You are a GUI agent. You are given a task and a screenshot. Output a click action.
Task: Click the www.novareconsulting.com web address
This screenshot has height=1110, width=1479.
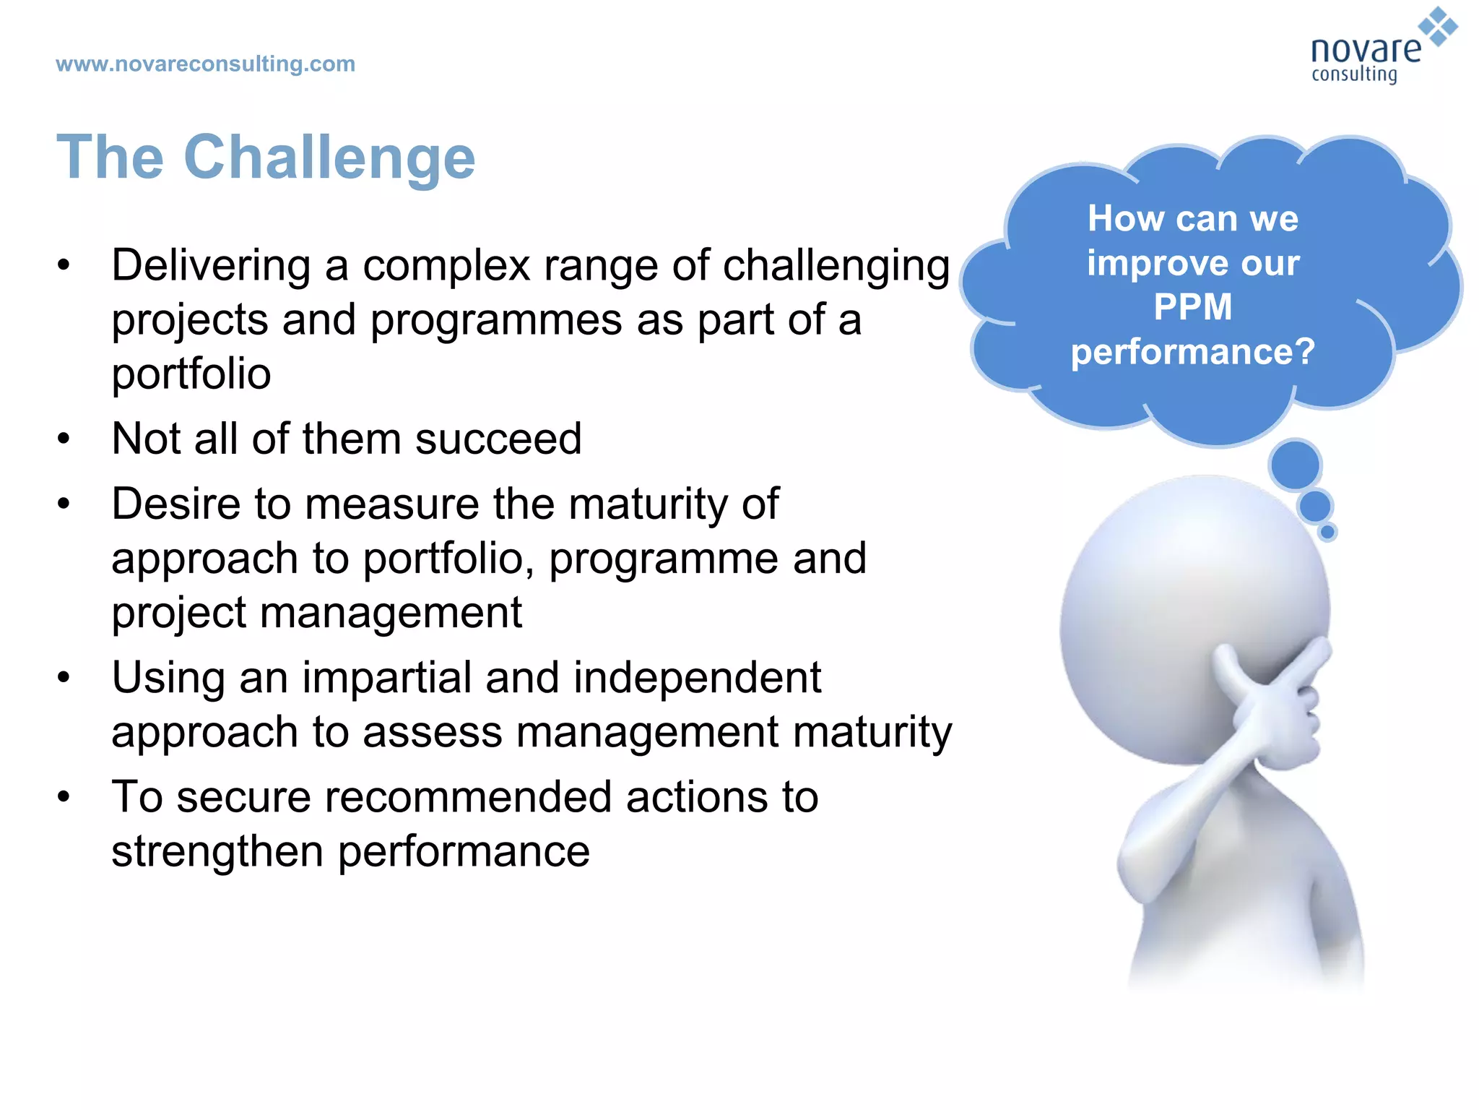(205, 64)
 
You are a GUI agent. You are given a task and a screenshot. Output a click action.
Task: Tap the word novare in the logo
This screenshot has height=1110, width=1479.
(1365, 49)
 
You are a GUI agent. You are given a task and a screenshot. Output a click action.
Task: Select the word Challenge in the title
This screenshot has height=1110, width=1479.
(329, 158)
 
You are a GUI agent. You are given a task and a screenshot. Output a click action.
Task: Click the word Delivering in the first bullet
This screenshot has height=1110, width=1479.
(211, 265)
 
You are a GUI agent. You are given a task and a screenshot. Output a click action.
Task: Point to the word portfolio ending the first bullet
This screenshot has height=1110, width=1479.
(191, 374)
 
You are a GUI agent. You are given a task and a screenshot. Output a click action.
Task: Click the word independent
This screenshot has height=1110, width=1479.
(697, 678)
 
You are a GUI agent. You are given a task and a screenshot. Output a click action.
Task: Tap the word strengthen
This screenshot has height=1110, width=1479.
(217, 851)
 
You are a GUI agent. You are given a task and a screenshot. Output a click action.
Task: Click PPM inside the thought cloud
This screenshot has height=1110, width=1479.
(1192, 306)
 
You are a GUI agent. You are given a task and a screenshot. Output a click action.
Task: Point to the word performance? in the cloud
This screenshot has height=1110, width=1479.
(1192, 353)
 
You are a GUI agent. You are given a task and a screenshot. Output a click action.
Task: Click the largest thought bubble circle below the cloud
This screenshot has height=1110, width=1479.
(1295, 464)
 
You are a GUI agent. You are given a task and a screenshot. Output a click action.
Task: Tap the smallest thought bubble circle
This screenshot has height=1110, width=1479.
(1327, 533)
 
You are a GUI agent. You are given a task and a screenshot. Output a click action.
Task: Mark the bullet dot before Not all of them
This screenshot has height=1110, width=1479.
(64, 439)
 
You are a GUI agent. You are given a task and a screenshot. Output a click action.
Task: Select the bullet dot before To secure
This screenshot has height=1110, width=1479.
(64, 797)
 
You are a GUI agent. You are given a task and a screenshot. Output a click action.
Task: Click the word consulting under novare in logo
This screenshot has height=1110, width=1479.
(1354, 74)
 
